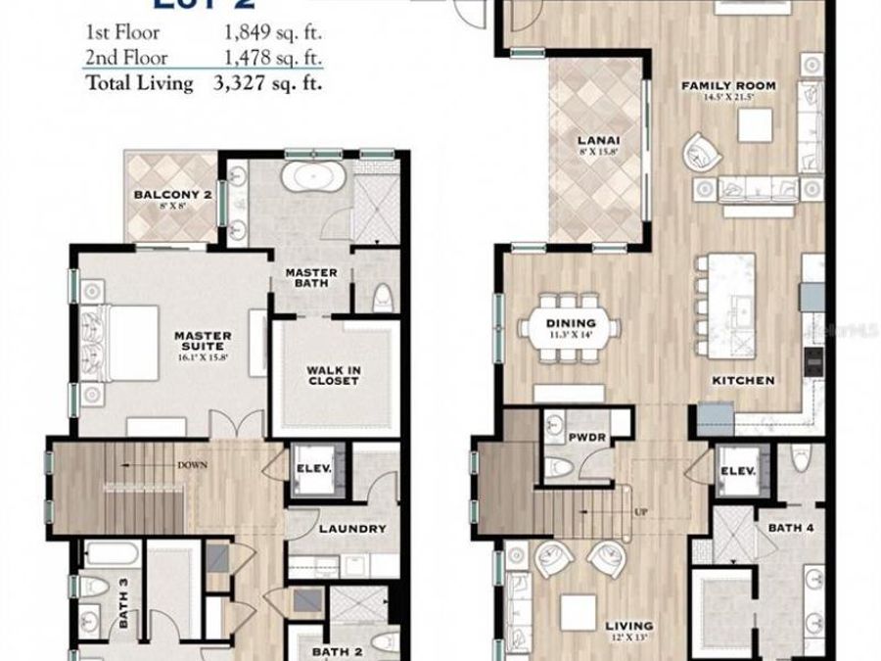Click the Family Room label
(x=728, y=86)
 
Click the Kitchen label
(x=744, y=380)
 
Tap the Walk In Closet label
(x=333, y=374)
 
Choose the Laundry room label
(x=353, y=529)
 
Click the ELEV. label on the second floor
(x=314, y=467)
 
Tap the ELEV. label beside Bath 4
(x=737, y=470)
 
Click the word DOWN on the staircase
(x=192, y=465)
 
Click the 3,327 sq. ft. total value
(x=268, y=83)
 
